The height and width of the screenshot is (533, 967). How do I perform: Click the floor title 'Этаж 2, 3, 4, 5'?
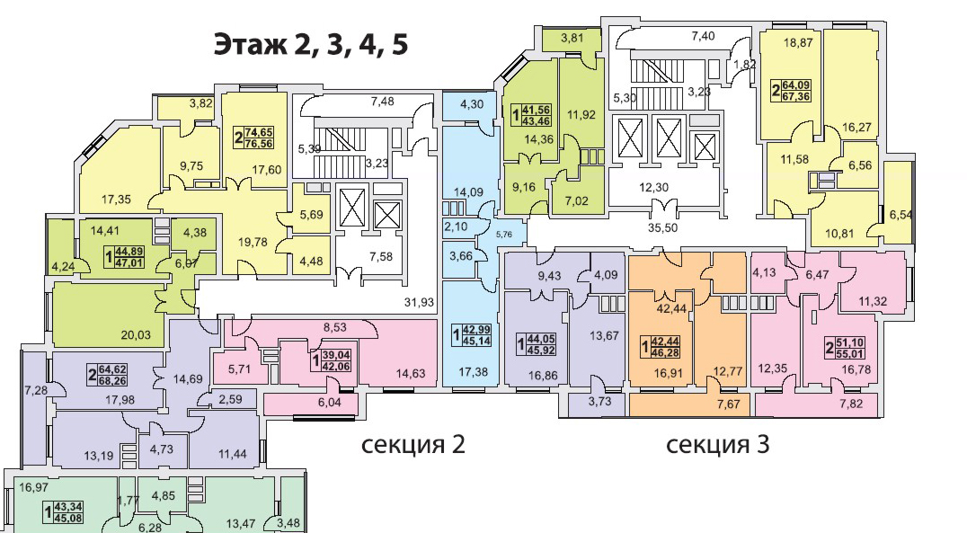pos(311,45)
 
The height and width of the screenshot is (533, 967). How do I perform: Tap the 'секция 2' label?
pos(413,444)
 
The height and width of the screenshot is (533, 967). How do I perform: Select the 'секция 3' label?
pos(718,444)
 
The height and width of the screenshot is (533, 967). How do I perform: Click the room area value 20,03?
pos(136,335)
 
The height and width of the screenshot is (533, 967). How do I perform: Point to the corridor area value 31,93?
pos(420,302)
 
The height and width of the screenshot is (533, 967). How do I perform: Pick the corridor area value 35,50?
pos(663,227)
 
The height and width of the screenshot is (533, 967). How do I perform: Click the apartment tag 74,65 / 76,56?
pos(253,138)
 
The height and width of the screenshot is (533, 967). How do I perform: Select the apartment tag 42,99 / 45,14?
pos(472,335)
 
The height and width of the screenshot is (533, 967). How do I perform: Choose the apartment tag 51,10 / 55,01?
pos(846,349)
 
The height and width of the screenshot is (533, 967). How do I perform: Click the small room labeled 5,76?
pos(504,235)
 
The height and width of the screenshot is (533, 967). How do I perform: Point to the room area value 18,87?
pos(798,43)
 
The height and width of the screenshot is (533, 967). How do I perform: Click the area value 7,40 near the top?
pos(703,36)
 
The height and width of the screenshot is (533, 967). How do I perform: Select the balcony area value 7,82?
pos(851,404)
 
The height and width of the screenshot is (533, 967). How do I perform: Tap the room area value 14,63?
pos(411,373)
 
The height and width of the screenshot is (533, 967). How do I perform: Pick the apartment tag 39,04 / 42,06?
pos(331,361)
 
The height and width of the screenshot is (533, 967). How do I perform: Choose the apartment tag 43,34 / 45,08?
pos(63,512)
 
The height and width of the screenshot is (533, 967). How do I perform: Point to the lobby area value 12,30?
pos(653,188)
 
